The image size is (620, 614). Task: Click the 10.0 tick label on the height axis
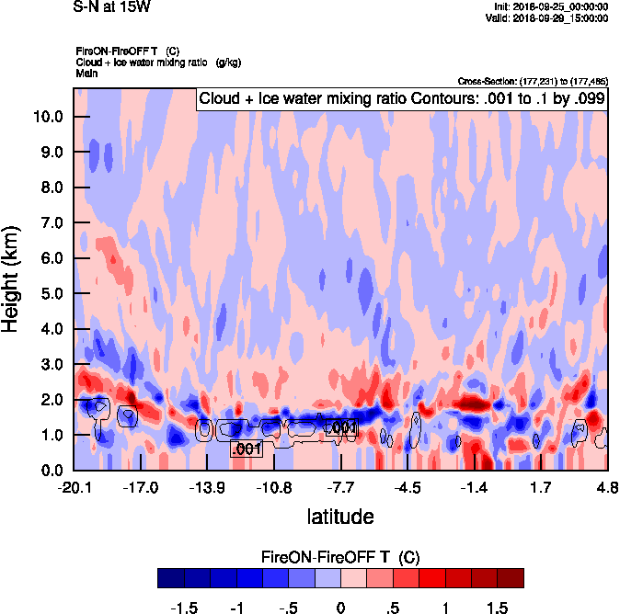tap(47, 117)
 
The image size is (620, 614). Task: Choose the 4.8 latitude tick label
tap(606, 486)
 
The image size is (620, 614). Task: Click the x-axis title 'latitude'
tap(340, 517)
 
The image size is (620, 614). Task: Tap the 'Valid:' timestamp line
tap(545, 17)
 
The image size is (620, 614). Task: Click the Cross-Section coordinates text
tap(532, 82)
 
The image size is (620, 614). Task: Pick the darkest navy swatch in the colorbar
tap(170, 577)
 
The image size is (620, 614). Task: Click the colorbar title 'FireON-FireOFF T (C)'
tap(340, 557)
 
